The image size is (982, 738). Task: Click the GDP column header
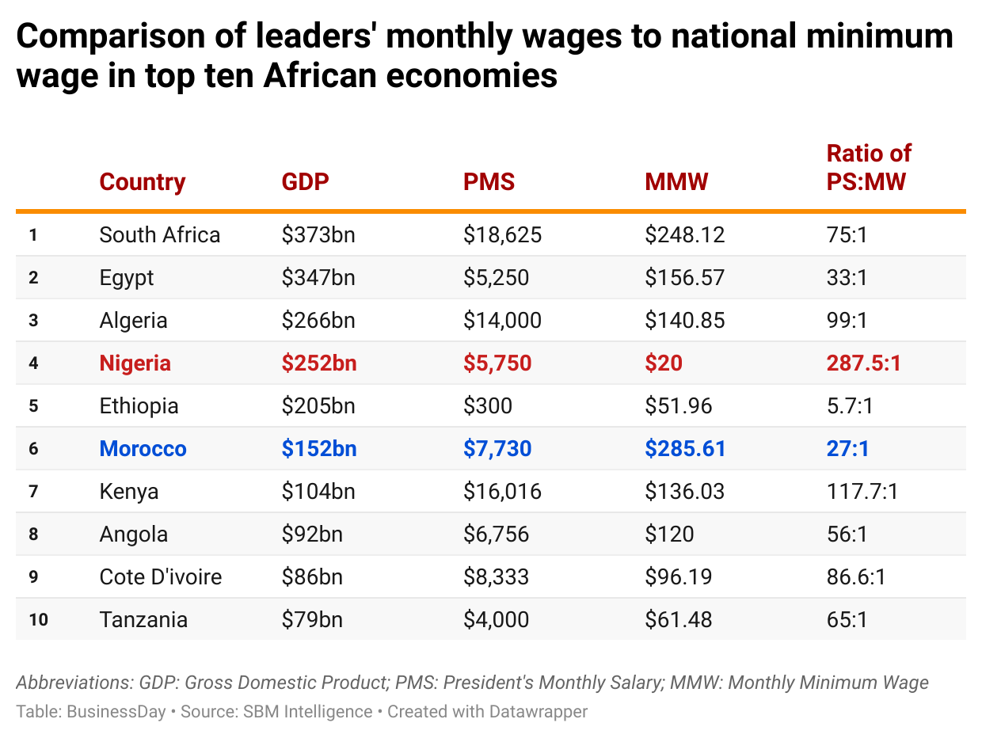(x=305, y=182)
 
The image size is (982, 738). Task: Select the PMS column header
(x=489, y=182)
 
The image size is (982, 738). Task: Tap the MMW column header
(x=676, y=182)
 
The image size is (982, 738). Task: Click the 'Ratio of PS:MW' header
(x=868, y=167)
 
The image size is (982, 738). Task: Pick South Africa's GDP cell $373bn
(x=318, y=235)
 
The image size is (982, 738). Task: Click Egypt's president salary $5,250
(x=496, y=278)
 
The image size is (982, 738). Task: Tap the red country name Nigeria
(x=135, y=363)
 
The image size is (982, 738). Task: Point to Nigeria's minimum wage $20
(x=664, y=363)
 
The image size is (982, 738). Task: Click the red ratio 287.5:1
(x=863, y=363)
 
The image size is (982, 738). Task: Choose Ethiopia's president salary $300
(x=488, y=406)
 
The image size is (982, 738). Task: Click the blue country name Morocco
(x=143, y=449)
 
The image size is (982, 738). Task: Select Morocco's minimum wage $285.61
(x=685, y=449)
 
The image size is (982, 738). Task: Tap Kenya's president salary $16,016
(x=502, y=492)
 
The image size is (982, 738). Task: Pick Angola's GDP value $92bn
(x=312, y=534)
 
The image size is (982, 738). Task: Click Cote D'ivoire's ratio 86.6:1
(x=856, y=577)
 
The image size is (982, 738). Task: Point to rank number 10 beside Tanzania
(x=38, y=620)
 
